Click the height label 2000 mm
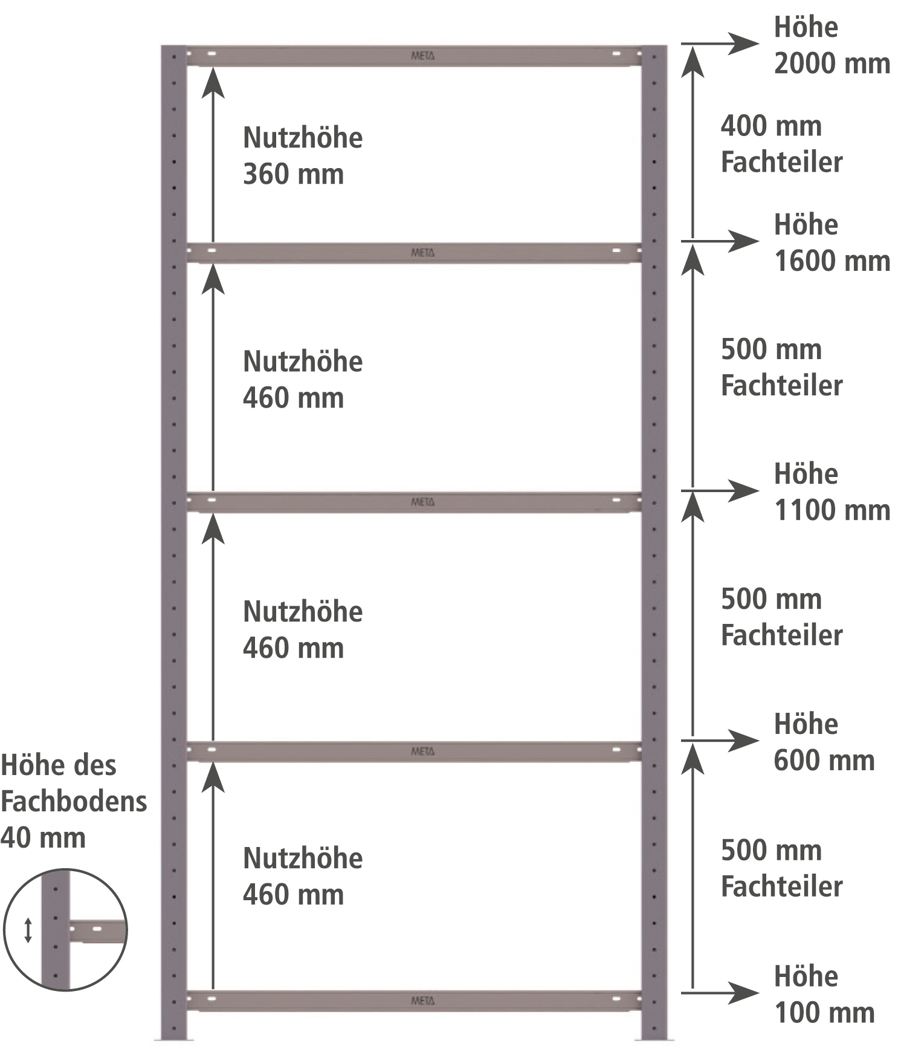pos(832,63)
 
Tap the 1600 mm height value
pos(832,261)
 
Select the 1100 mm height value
pos(832,510)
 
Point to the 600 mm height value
pos(824,760)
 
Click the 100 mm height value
pos(824,1013)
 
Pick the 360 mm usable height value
pos(293,175)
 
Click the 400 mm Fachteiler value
pos(771,126)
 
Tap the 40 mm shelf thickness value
pos(43,838)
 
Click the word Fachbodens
pos(74,802)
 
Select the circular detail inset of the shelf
pos(65,930)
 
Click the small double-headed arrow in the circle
pos(28,930)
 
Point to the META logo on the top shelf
pos(422,56)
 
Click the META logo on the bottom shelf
pos(422,1001)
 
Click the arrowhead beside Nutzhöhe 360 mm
pos(213,83)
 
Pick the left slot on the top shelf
pos(212,54)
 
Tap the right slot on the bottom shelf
pos(616,999)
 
